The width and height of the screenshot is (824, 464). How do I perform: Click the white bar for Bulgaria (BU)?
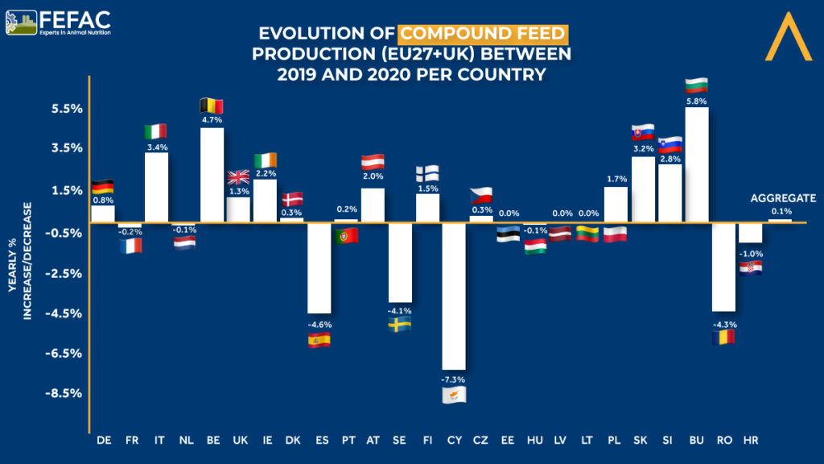pos(697,164)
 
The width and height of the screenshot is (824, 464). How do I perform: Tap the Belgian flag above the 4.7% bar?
pos(211,106)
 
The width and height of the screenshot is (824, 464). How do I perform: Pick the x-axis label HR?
pos(751,440)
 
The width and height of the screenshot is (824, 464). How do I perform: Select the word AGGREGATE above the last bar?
pos(783,197)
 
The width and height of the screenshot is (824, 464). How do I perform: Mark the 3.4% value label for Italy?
pos(156,147)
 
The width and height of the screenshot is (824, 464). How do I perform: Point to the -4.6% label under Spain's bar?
pos(319,325)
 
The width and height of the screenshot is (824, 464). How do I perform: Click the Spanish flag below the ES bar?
pos(319,340)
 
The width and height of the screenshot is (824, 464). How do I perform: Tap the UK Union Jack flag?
pos(238,177)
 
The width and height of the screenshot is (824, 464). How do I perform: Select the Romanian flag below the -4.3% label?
pos(723,338)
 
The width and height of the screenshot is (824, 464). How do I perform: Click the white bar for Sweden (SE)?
pos(400,263)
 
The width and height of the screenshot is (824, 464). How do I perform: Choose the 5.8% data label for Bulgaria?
pos(697,101)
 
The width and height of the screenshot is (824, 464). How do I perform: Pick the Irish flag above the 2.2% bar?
pos(266,159)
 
